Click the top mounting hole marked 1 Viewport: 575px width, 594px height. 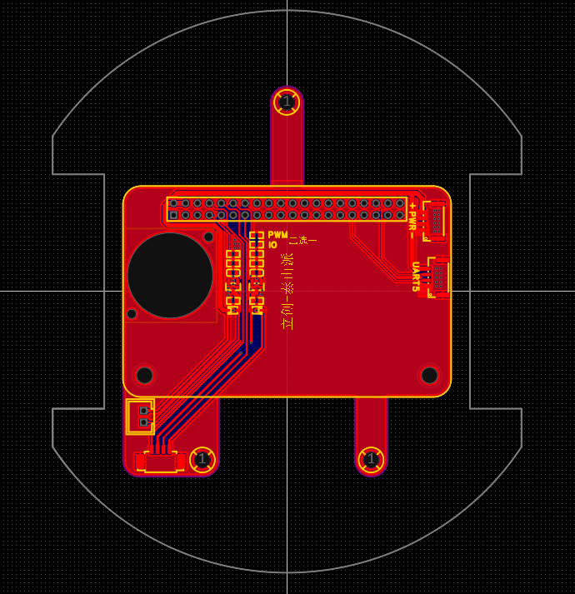tap(287, 102)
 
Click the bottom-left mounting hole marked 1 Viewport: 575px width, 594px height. tap(202, 459)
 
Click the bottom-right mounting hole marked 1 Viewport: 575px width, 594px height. tap(371, 459)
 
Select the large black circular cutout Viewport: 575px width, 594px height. tap(170, 275)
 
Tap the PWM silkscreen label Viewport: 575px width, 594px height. tap(277, 235)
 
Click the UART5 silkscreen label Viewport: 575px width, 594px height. tap(415, 277)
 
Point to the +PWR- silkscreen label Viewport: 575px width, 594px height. tap(412, 220)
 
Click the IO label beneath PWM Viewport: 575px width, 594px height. tap(272, 245)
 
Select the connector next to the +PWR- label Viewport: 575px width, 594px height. tap(435, 220)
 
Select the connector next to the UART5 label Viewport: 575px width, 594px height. tap(439, 277)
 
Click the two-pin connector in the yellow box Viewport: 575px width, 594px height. tap(141, 416)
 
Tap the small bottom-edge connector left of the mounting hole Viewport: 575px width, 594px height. tap(160, 462)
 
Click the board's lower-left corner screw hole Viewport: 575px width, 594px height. tap(144, 375)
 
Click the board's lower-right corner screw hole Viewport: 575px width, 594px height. tap(429, 375)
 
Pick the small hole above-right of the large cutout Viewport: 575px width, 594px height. tap(208, 237)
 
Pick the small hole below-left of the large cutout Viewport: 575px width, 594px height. tap(132, 313)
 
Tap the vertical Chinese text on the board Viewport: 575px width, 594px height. tap(287, 291)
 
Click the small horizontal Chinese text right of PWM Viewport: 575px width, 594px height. tap(302, 240)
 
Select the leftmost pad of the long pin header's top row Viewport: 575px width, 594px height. tap(173, 203)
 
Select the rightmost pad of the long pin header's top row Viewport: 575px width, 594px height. tap(400, 203)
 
